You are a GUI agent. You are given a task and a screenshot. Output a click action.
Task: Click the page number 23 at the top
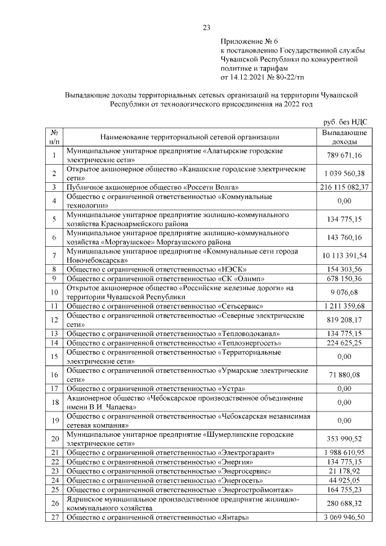(x=206, y=27)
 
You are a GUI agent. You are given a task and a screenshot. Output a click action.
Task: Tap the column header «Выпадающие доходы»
(x=344, y=136)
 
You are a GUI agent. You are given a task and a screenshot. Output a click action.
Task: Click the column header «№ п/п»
(x=54, y=136)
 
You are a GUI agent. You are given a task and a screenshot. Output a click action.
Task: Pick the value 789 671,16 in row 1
(x=344, y=154)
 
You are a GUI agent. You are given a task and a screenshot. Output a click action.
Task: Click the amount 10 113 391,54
(x=344, y=255)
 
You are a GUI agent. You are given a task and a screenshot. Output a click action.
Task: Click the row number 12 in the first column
(x=54, y=320)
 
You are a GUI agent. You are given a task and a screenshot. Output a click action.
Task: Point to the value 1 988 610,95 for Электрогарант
(x=344, y=452)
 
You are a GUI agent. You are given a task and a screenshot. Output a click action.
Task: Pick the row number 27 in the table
(x=54, y=517)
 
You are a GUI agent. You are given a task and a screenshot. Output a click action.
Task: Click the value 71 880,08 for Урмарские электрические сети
(x=344, y=375)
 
